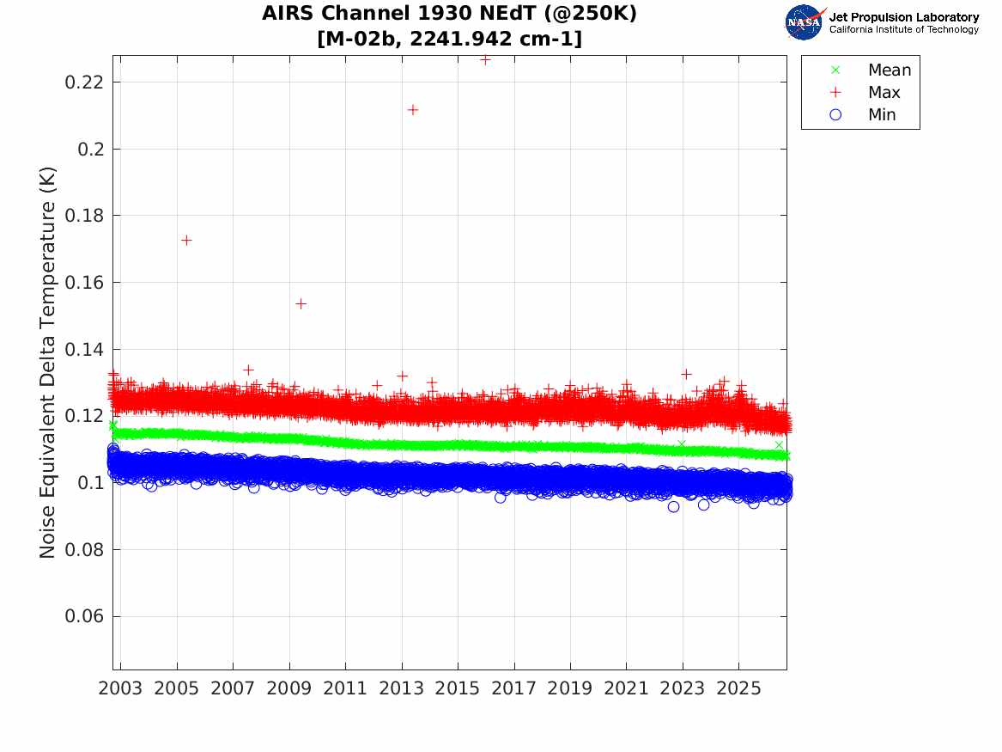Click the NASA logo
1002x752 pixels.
(805, 22)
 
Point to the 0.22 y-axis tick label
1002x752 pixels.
(83, 83)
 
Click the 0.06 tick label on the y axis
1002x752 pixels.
(83, 616)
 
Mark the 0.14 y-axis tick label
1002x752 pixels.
(83, 349)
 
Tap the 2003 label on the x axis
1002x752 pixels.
(120, 688)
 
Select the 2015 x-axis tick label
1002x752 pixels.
(458, 688)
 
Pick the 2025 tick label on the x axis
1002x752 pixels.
(738, 688)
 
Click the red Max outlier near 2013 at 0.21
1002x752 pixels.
(413, 110)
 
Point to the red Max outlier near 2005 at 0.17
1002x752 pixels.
(186, 241)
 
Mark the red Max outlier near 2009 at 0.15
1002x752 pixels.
(301, 303)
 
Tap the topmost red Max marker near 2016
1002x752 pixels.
(485, 60)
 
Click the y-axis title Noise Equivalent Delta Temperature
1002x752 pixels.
(47, 363)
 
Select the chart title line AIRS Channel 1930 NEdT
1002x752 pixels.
(449, 14)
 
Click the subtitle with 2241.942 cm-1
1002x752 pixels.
(449, 39)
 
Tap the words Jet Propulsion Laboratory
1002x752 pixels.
(904, 17)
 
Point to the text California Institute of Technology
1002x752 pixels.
(904, 29)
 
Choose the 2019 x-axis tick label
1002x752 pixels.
(570, 688)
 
